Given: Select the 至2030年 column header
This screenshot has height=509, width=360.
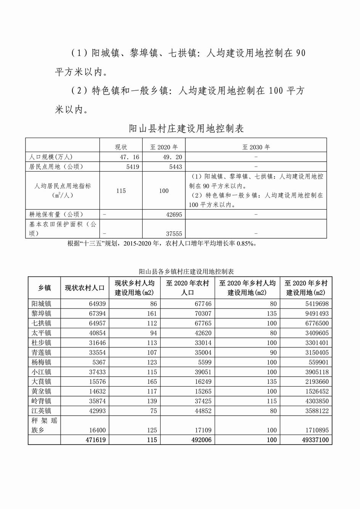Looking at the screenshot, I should point(256,147).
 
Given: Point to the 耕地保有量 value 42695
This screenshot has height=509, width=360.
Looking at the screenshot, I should point(174,215).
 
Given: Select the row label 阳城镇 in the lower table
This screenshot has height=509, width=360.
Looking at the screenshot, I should point(41,304).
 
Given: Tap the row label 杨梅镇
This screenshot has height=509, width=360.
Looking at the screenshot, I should point(41,362).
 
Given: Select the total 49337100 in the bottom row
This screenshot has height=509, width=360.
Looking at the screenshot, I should point(313,440).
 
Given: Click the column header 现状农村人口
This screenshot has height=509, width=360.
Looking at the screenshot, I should point(85,288).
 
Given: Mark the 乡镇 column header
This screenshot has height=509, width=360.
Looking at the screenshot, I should point(44,288).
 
